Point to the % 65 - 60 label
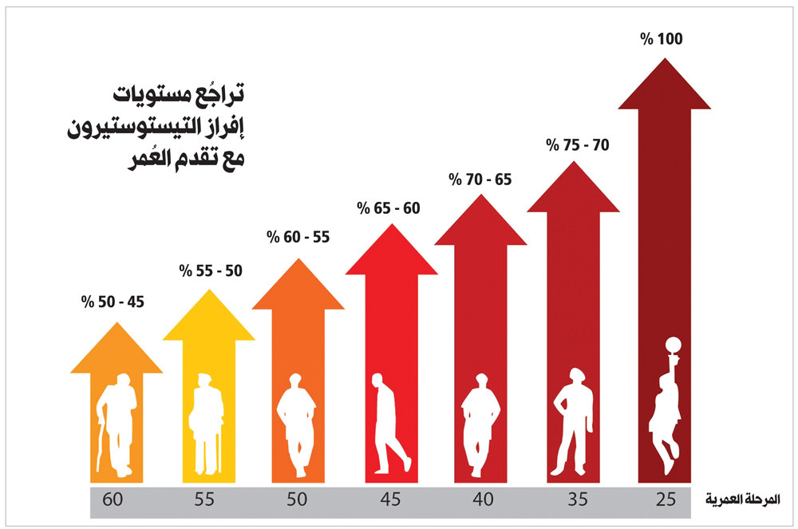click(x=388, y=209)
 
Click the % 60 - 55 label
click(x=298, y=237)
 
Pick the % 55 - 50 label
click(x=210, y=270)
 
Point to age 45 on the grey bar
click(x=390, y=500)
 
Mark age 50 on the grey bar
click(x=297, y=500)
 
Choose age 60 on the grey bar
click(x=113, y=500)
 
